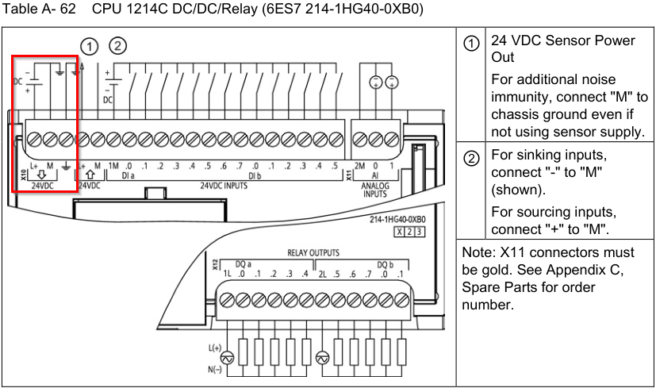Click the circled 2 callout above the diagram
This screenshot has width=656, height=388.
click(x=117, y=45)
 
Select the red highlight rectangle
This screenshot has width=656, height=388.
click(x=45, y=123)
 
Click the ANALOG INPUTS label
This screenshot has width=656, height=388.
click(x=375, y=189)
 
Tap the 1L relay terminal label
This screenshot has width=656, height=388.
click(x=227, y=275)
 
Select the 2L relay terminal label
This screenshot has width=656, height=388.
click(x=323, y=275)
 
